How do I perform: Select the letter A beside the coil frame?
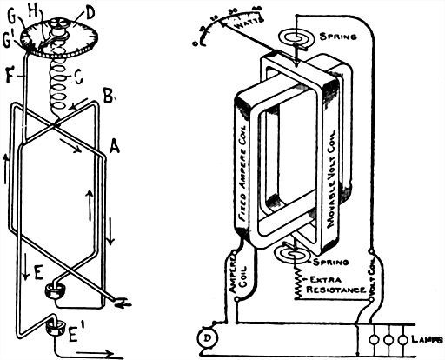[112, 150]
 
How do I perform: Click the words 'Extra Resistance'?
[331, 283]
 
